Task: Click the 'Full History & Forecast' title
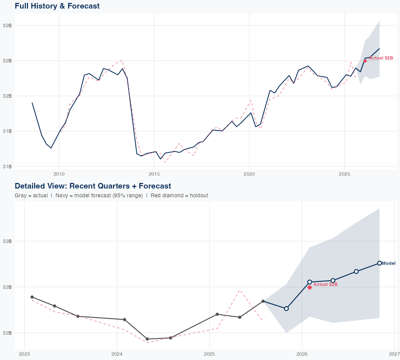[x=57, y=6]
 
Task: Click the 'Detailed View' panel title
[x=93, y=186]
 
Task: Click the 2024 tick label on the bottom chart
[x=117, y=354]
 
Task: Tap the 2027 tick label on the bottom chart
[x=394, y=354]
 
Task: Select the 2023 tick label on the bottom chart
[x=25, y=354]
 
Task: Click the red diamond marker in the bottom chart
[x=310, y=287]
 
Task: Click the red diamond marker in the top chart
[x=365, y=61]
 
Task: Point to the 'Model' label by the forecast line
[x=389, y=263]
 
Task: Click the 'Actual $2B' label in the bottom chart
[x=325, y=285]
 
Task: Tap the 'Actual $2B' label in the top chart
[x=381, y=58]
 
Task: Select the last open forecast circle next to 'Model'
[x=379, y=263]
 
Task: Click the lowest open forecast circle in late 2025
[x=286, y=309]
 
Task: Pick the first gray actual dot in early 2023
[x=32, y=297]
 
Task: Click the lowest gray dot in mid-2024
[x=147, y=339]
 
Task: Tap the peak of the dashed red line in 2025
[x=240, y=290]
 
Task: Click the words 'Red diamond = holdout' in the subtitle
[x=179, y=195]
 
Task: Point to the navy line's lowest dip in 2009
[x=51, y=148]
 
